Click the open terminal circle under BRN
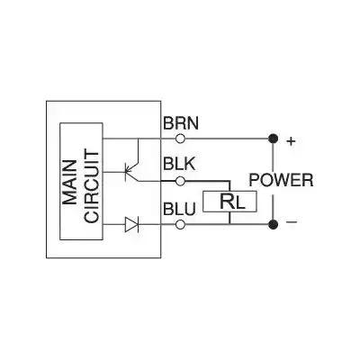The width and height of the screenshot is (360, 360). click(180, 139)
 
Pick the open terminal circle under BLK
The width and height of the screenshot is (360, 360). click(180, 181)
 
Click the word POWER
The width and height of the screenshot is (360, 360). click(281, 181)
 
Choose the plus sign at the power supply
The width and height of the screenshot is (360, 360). click(290, 139)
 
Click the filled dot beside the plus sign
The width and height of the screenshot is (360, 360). click(272, 139)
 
